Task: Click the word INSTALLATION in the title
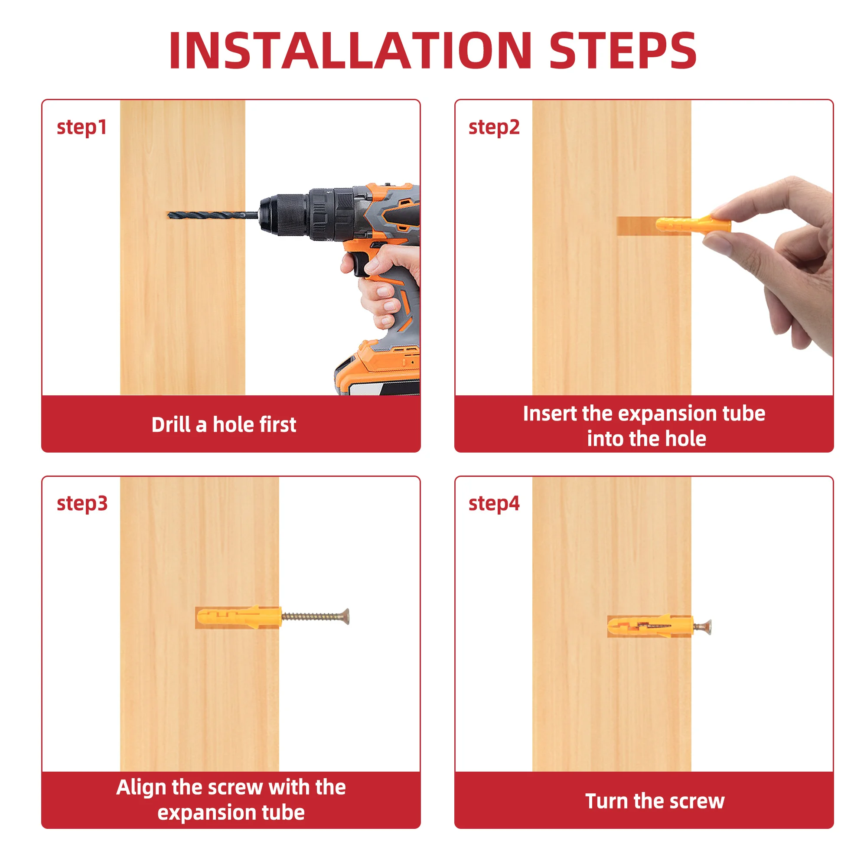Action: coord(350,50)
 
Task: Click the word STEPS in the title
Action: coord(623,50)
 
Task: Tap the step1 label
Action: coord(81,128)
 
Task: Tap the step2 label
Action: coord(494,128)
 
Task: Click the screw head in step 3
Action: coord(345,616)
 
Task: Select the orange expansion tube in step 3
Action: coord(240,617)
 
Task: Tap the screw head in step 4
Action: coord(707,625)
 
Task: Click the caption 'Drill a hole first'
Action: coord(224,424)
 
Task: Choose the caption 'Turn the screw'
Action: coord(655,801)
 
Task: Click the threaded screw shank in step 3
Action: coord(311,616)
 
